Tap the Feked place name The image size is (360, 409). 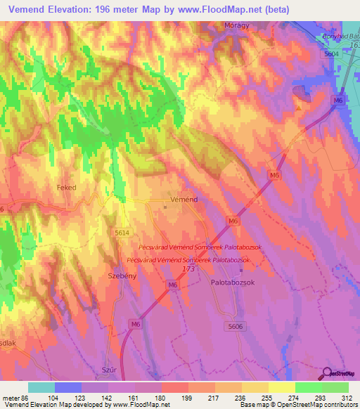[66, 188]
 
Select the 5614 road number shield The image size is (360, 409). [122, 231]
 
